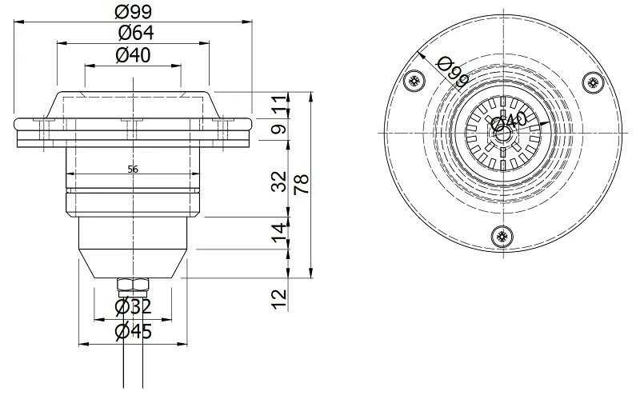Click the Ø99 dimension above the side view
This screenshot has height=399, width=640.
133,12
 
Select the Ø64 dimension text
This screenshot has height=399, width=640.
133,34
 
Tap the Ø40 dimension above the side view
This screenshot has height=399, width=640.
133,55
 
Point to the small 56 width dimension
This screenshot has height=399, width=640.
133,169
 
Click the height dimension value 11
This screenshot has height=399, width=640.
278,105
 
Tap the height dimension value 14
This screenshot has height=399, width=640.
278,233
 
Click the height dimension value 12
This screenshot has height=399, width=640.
278,298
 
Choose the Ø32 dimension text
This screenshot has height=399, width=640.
133,307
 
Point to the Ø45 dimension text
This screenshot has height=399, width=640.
133,330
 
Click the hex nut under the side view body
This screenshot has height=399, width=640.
133,284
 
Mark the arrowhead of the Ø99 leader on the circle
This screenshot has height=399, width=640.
421,54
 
